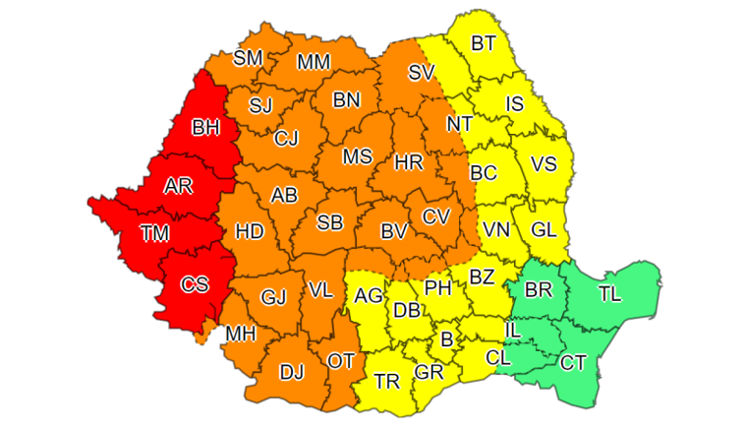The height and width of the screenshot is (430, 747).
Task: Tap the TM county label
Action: (x=154, y=233)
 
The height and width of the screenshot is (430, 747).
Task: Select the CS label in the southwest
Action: (x=195, y=284)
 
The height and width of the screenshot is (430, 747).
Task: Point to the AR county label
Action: (x=178, y=186)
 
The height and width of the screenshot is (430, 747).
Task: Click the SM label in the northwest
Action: (x=248, y=58)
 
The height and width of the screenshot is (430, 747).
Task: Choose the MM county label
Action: (x=314, y=62)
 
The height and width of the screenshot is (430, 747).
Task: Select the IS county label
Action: (x=514, y=103)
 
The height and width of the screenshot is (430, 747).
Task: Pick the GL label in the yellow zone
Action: (x=544, y=228)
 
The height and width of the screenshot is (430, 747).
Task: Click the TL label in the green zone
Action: (x=609, y=292)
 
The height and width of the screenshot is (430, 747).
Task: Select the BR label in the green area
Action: (x=539, y=290)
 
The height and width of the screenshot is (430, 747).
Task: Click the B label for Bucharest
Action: (x=447, y=339)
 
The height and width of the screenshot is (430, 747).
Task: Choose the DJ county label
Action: (x=292, y=373)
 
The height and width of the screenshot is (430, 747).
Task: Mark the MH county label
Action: (x=241, y=334)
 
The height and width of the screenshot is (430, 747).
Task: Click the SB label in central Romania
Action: (x=329, y=222)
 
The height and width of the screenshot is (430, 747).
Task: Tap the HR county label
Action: (x=408, y=162)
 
